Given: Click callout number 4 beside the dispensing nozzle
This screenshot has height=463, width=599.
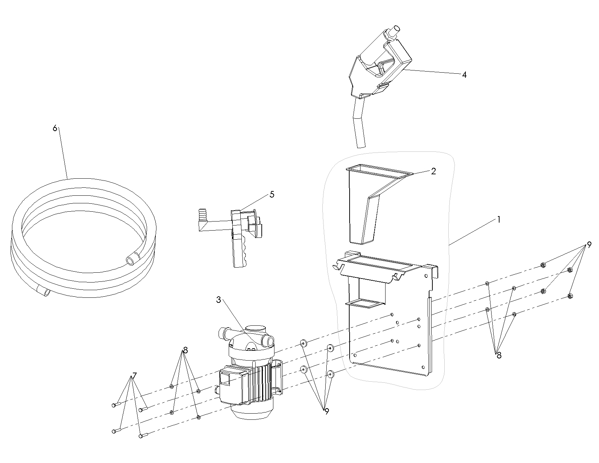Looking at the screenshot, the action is (464, 75).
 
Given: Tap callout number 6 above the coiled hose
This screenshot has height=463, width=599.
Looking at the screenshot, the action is (55, 128).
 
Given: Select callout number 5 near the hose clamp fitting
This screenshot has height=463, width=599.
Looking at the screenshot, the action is (272, 195).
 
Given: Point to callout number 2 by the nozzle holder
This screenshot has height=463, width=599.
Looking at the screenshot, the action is (433, 171).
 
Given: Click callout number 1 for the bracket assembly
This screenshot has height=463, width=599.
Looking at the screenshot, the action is (498, 220).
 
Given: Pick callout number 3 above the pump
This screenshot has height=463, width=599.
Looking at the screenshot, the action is (219, 300).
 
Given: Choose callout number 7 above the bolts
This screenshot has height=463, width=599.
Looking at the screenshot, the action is (134, 375).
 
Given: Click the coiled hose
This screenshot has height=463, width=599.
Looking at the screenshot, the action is (83, 238).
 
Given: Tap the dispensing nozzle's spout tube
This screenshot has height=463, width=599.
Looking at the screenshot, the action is (359, 124).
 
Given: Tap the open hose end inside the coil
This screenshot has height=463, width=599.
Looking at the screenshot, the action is (131, 260).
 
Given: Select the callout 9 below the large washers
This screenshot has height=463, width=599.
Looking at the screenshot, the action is (327, 411).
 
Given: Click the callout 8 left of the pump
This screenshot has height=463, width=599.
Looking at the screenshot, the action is (185, 350).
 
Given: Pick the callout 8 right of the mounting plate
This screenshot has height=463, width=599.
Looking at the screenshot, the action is (499, 356).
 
